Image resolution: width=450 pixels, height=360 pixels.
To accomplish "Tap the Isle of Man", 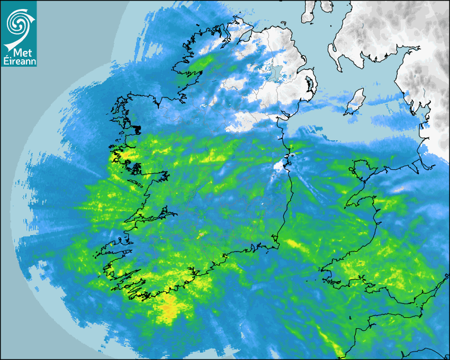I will point(355,102).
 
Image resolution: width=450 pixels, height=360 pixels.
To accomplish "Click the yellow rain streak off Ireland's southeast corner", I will point(294,244).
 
